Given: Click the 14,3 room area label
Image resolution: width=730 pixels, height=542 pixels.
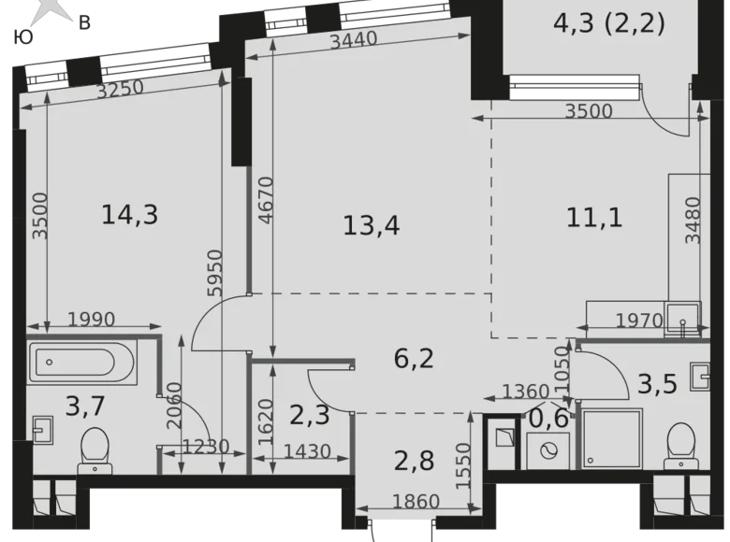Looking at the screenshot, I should click(x=129, y=215).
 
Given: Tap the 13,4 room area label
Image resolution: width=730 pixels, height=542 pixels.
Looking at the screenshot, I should click(x=372, y=224).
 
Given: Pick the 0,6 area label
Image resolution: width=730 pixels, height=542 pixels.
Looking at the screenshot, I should click(x=549, y=418).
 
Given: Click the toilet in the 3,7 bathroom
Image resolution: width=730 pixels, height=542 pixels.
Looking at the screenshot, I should click(x=93, y=447).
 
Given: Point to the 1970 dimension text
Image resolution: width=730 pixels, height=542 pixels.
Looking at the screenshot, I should click(x=639, y=321).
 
